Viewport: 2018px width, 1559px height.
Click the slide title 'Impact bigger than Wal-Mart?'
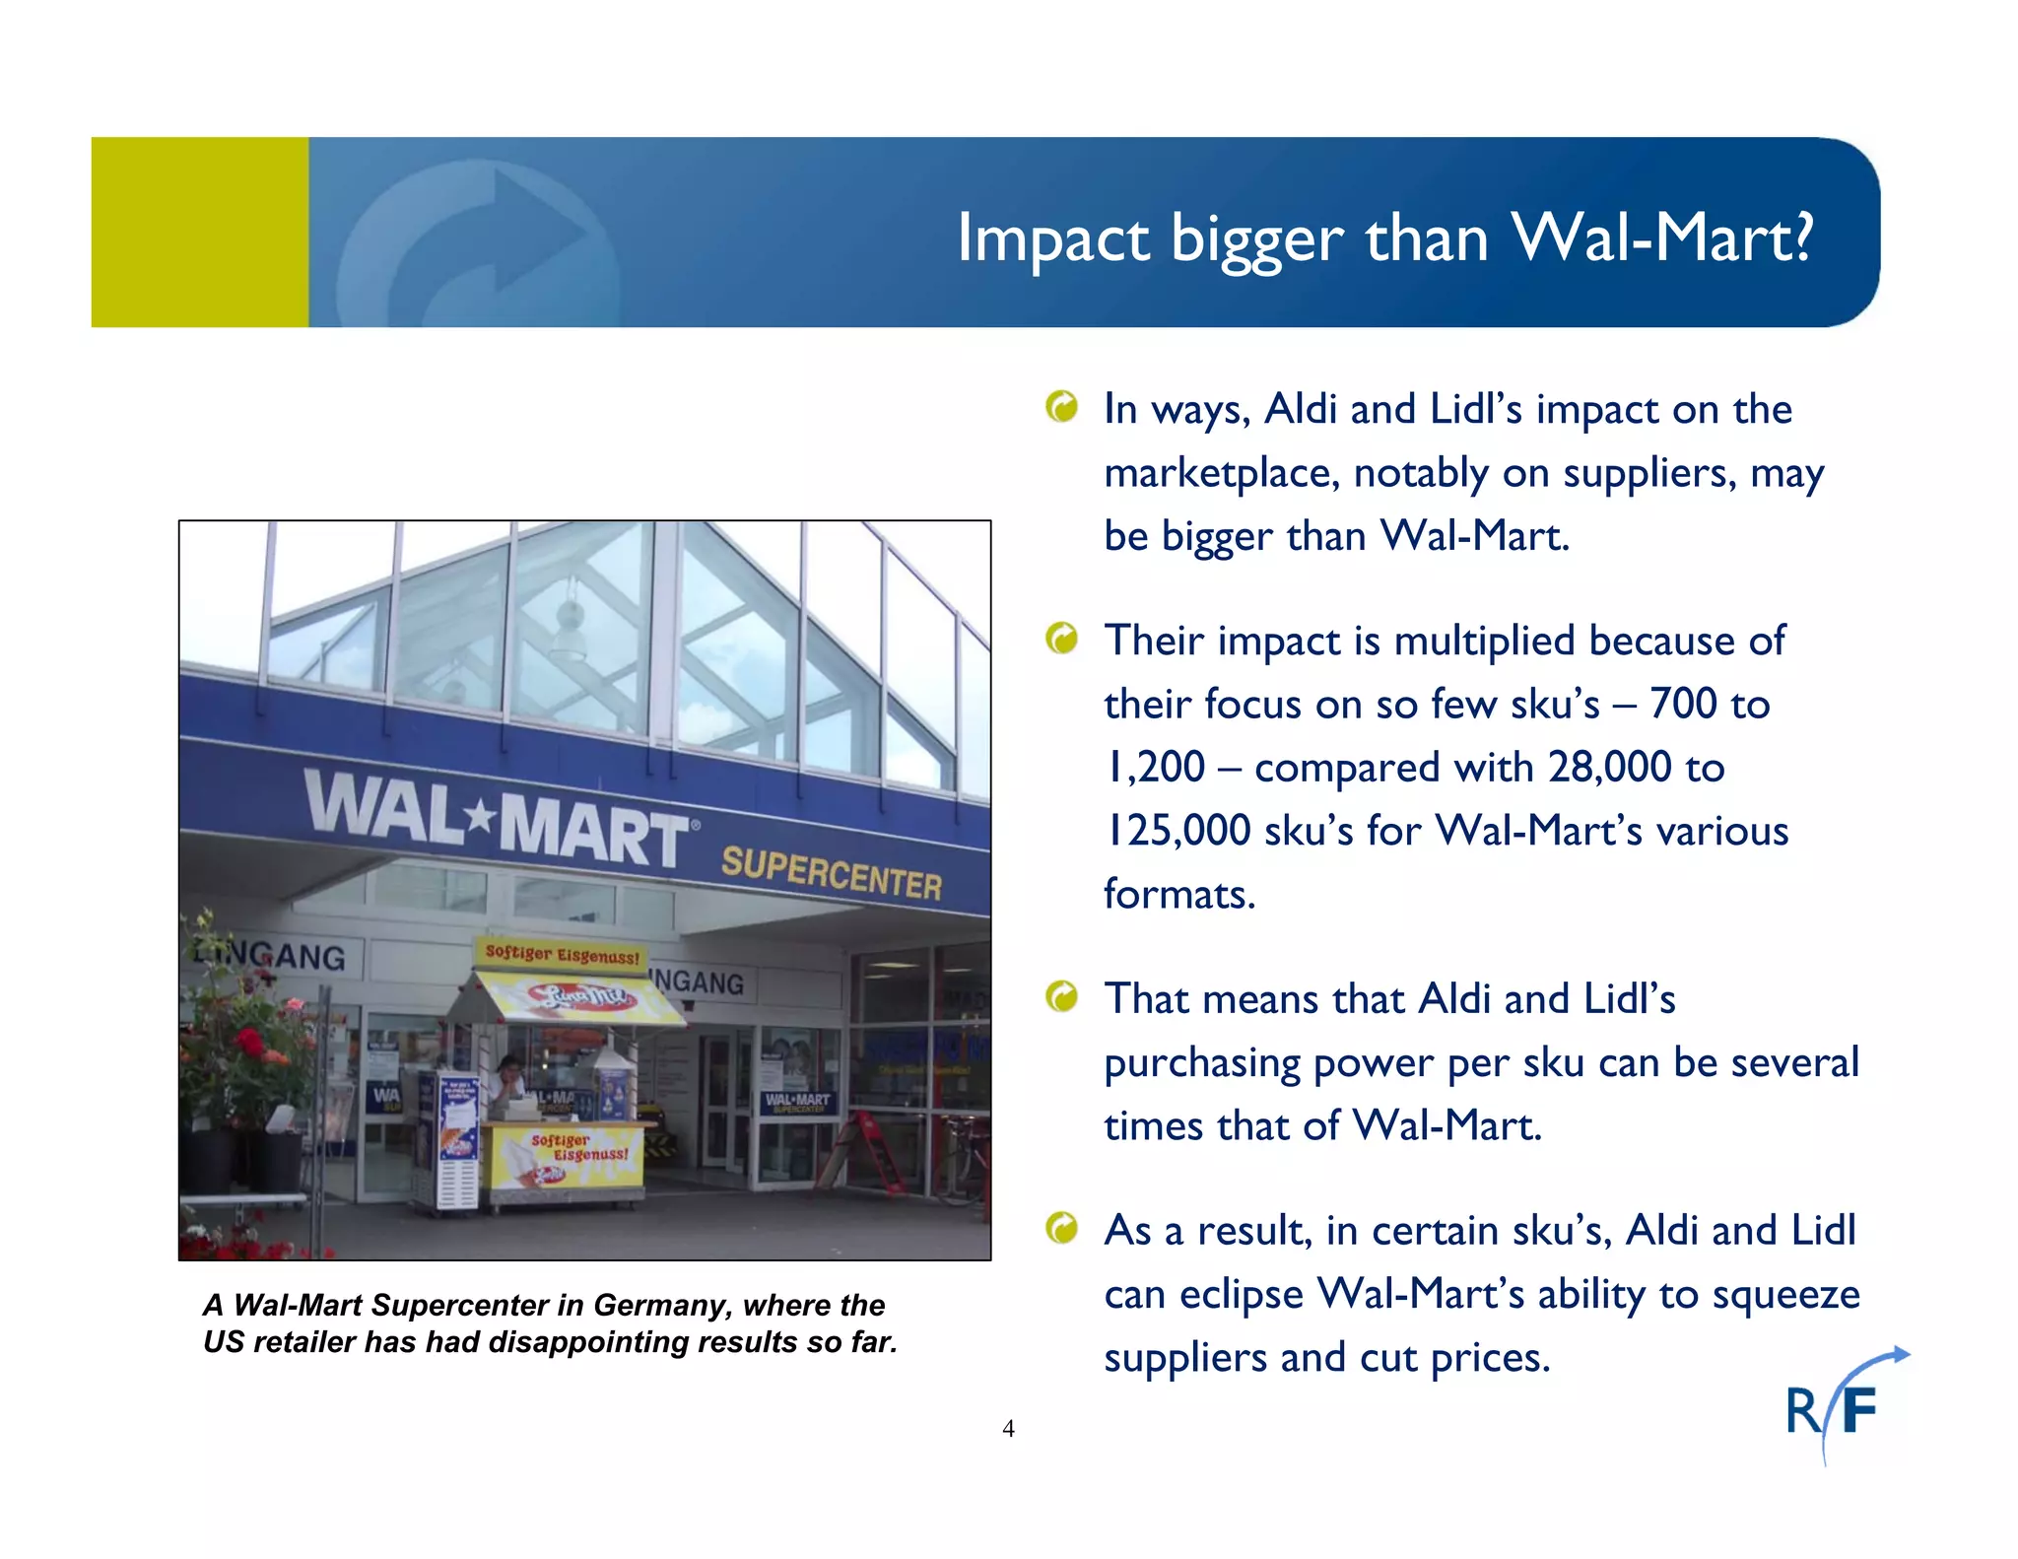coord(1384,237)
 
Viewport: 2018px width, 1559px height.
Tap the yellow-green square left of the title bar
coord(199,232)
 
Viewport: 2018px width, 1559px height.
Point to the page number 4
coord(1008,1428)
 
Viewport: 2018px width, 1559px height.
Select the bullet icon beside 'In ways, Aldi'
coord(1062,406)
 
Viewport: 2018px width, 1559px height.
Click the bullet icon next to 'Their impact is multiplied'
coord(1062,639)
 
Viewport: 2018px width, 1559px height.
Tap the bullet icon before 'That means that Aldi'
coord(1062,997)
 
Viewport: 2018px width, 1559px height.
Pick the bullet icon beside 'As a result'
coord(1062,1228)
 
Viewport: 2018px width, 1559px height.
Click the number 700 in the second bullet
coord(1683,704)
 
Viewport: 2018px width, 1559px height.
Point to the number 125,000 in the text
coord(1177,830)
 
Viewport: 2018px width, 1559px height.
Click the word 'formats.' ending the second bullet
coord(1179,894)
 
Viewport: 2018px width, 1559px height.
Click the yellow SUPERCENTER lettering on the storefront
coord(831,872)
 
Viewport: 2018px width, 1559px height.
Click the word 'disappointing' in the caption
coord(589,1342)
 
